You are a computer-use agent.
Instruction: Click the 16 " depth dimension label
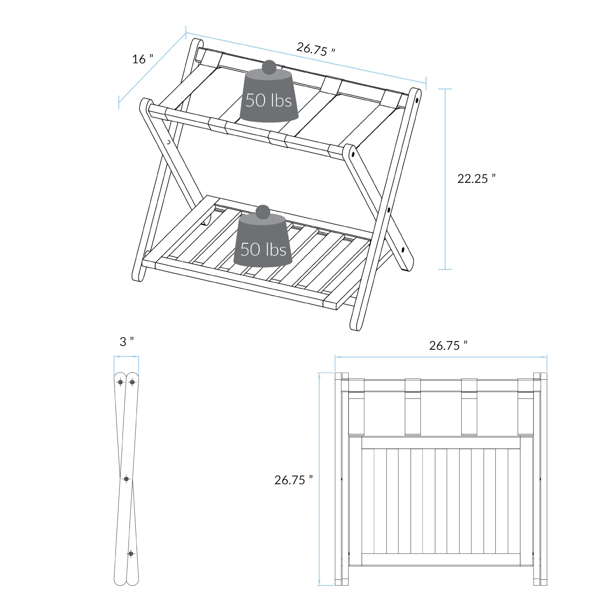click(x=142, y=59)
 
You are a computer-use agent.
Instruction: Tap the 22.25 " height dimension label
click(x=476, y=179)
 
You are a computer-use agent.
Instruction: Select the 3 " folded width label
click(x=126, y=341)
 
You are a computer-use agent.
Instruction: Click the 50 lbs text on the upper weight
click(x=269, y=101)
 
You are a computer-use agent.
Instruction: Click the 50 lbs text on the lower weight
click(x=263, y=249)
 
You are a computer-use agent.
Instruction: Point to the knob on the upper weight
click(x=269, y=67)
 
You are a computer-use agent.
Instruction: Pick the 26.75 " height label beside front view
click(x=293, y=480)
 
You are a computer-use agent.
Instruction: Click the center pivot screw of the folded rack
click(x=126, y=479)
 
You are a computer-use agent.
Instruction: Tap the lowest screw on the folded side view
click(x=131, y=554)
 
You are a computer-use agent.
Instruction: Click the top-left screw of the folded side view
click(x=120, y=382)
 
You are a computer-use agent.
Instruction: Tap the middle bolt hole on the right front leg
click(x=389, y=210)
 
